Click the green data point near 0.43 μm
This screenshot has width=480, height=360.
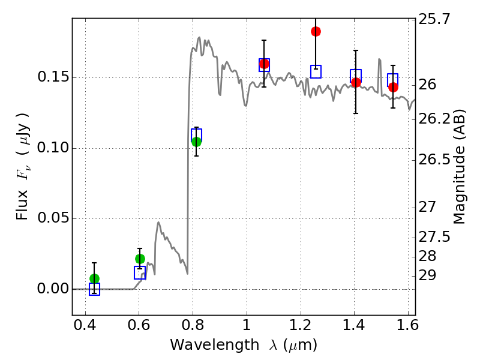click(94, 278)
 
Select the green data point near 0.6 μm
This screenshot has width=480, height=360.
click(140, 259)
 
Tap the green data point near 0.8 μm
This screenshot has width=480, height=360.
click(196, 142)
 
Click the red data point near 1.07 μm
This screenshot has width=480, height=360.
click(264, 64)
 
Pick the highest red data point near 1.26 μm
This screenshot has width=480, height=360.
click(316, 31)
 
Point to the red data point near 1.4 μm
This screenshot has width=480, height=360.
click(356, 82)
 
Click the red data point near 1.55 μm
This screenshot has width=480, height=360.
click(393, 87)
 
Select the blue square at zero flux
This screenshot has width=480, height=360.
click(94, 289)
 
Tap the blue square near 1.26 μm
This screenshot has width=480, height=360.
click(316, 71)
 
